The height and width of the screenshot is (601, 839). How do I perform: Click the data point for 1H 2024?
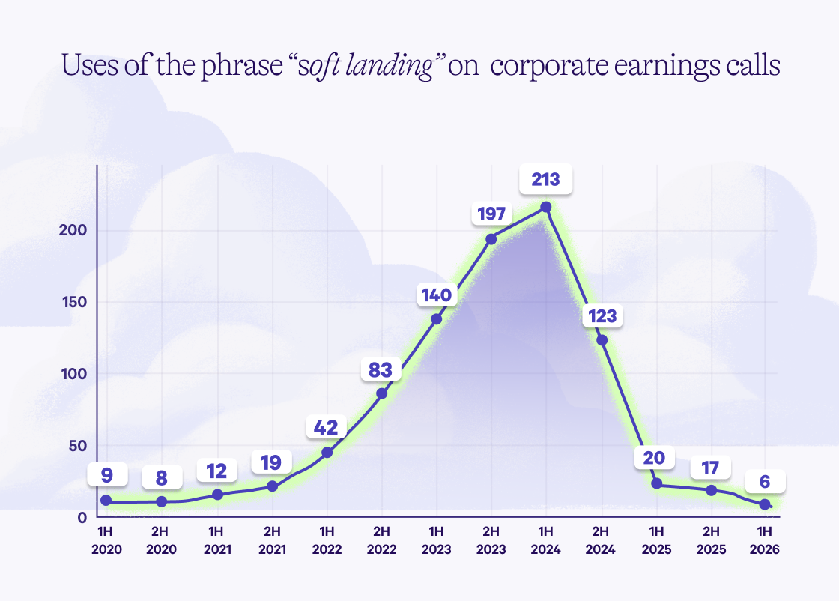point(546,207)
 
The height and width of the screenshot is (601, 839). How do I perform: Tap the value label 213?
point(546,180)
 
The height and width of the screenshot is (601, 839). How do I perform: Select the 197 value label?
point(491,214)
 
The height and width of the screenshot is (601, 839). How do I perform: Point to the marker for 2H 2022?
point(381,393)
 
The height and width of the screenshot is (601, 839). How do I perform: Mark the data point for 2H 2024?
point(602,340)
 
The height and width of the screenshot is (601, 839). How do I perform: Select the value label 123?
point(602,315)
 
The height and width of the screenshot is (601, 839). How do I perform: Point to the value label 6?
point(765,480)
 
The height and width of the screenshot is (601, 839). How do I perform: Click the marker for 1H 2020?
point(106,500)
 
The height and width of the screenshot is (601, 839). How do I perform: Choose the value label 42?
point(327,427)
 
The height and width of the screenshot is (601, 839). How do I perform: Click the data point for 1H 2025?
point(656,483)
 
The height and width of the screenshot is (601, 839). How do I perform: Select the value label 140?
point(436,295)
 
